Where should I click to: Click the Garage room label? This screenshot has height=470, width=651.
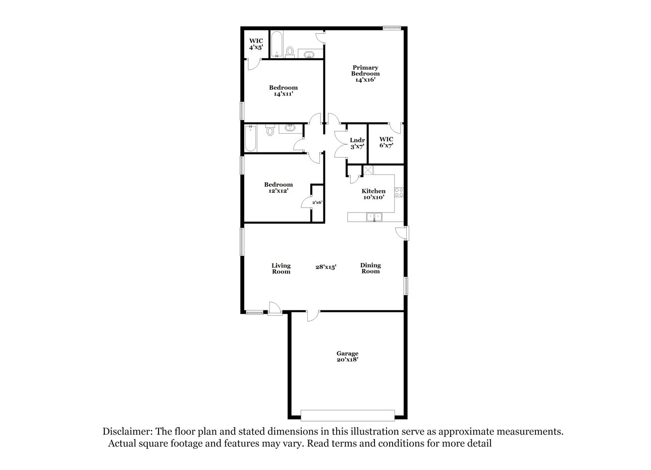pos(348,356)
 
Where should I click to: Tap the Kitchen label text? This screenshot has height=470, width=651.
pos(373,194)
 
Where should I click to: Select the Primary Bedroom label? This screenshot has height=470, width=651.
pos(365,73)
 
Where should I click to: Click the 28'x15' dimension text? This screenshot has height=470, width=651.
pos(325,267)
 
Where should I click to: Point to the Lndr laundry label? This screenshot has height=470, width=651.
pos(357,143)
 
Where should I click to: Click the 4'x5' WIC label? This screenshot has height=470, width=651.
pos(256,44)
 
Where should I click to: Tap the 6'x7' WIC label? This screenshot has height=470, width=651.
pos(386,142)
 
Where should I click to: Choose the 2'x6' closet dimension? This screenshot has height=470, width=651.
pos(317,202)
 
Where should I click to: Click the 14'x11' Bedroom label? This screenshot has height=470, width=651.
pos(283,90)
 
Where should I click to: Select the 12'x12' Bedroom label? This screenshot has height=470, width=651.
pos(278,187)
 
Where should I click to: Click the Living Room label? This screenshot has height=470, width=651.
pos(281,268)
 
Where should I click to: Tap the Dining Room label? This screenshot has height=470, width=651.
pos(370,268)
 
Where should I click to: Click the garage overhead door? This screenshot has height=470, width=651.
pos(348,415)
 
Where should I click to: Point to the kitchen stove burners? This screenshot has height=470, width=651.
pos(398,192)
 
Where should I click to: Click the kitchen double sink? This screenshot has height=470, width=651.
pos(374,217)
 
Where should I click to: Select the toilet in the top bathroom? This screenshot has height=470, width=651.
pos(290,51)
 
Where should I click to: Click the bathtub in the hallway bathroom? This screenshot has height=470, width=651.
pos(251,138)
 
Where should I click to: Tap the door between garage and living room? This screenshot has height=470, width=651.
pos(313,315)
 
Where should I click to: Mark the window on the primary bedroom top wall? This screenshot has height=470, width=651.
pos(392,28)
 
